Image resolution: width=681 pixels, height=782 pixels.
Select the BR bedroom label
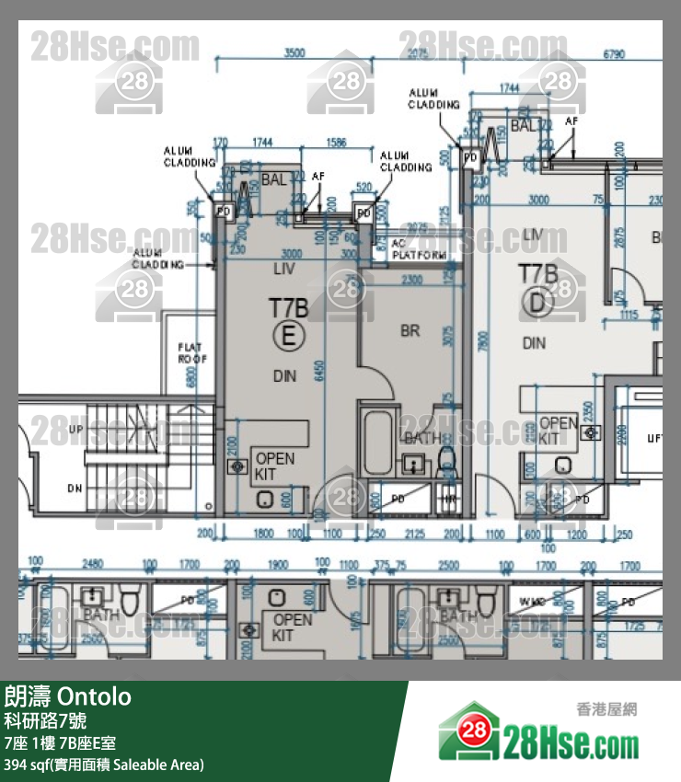410,330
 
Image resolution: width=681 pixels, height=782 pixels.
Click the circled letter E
288,338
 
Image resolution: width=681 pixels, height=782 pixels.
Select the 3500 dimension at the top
294,53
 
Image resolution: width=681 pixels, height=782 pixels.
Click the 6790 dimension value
614,54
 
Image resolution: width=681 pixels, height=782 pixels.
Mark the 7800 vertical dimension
484,341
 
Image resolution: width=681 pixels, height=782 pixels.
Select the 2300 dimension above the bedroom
411,279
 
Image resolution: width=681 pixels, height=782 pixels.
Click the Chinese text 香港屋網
606,709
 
